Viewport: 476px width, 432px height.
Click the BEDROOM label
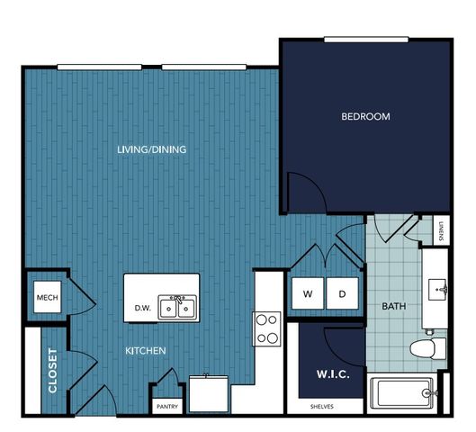pyautogui.click(x=365, y=117)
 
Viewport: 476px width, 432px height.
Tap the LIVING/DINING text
pyautogui.click(x=152, y=149)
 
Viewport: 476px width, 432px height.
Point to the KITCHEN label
pyautogui.click(x=146, y=351)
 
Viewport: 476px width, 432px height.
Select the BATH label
pyautogui.click(x=394, y=306)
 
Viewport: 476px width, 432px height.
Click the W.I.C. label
pyautogui.click(x=333, y=374)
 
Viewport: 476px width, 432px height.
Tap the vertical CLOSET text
pyautogui.click(x=52, y=371)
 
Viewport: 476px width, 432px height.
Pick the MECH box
pyautogui.click(x=48, y=297)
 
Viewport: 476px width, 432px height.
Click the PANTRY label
pyautogui.click(x=167, y=407)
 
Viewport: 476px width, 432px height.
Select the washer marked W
pyautogui.click(x=308, y=293)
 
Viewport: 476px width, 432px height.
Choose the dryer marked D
pyautogui.click(x=343, y=293)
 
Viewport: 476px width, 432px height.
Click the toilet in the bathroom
pyautogui.click(x=427, y=348)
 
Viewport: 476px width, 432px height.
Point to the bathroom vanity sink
pyautogui.click(x=437, y=289)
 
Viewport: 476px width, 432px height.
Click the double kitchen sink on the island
pyautogui.click(x=177, y=307)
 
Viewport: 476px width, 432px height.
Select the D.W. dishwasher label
pyautogui.click(x=143, y=308)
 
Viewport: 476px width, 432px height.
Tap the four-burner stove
pyautogui.click(x=267, y=328)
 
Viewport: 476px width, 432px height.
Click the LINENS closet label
pyautogui.click(x=441, y=230)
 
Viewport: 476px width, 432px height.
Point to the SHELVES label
pyautogui.click(x=322, y=407)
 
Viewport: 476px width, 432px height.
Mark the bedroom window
pyautogui.click(x=366, y=40)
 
